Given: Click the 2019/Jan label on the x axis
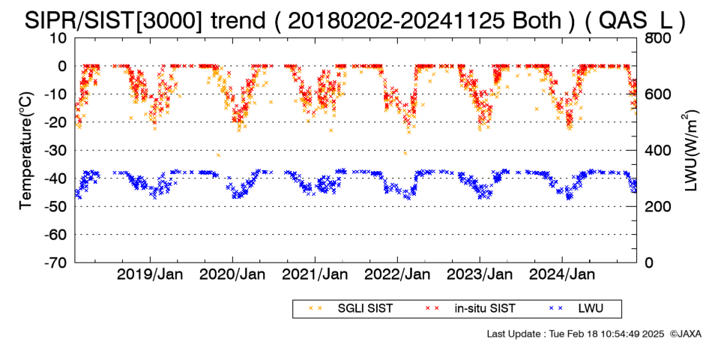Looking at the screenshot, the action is click(150, 274).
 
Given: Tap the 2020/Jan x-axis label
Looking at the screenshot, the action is click(232, 274).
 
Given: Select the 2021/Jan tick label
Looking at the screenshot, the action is click(315, 274).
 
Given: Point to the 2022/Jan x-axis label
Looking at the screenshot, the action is click(397, 274).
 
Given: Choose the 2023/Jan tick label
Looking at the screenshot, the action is click(480, 274).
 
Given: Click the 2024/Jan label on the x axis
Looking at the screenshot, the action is click(562, 274).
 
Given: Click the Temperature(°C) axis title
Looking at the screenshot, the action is click(26, 151).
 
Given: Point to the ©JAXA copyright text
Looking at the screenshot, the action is click(686, 334).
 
